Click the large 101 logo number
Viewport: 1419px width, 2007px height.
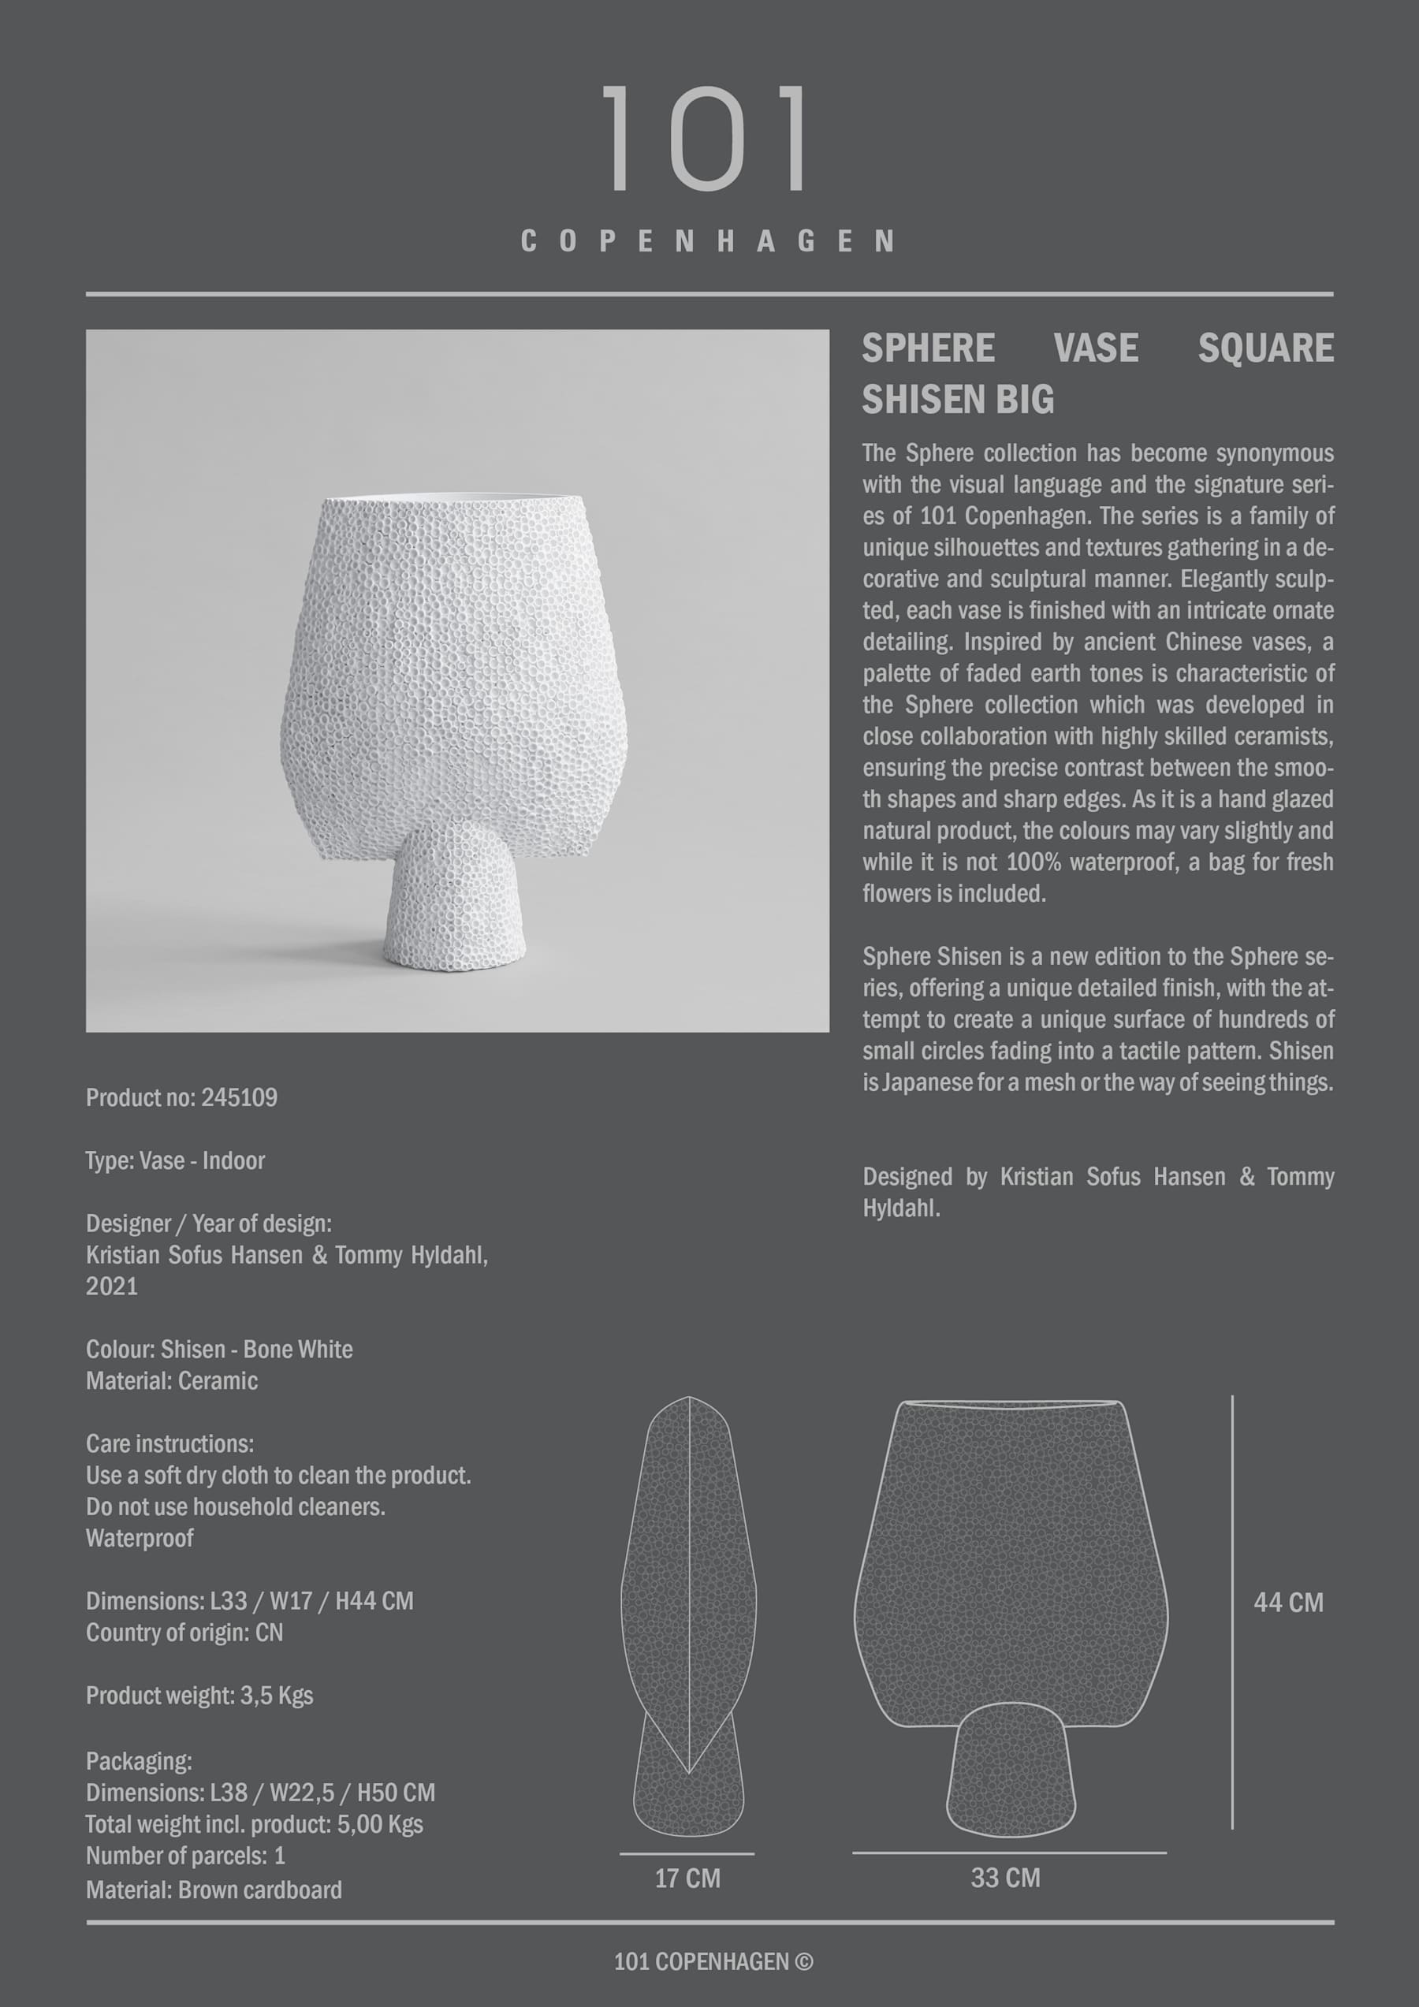706,138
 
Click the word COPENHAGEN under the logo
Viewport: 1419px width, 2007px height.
708,241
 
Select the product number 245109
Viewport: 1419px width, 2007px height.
240,1098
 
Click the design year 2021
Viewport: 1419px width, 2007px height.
112,1286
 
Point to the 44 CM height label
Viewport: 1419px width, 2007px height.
1288,1603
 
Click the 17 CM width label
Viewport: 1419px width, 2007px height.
687,1878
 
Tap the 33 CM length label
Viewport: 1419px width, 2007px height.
1005,1878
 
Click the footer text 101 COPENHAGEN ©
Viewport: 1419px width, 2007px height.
713,1962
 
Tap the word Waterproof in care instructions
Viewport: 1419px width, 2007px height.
140,1539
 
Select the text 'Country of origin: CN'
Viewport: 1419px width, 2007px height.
184,1633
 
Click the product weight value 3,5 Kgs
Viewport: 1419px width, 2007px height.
276,1696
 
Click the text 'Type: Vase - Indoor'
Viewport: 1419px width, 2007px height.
175,1161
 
